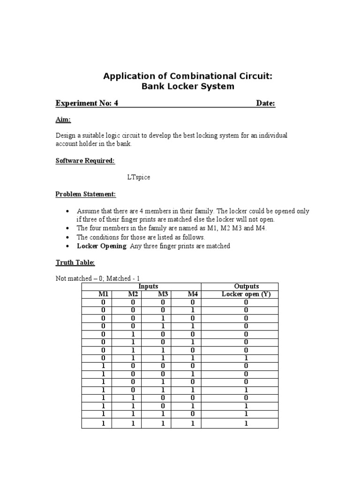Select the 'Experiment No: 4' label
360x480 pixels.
[x=87, y=103]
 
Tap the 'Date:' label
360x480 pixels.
[x=265, y=103]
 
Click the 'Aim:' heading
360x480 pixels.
[x=63, y=120]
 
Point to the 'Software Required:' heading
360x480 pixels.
[x=85, y=161]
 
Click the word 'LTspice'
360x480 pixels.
[x=139, y=178]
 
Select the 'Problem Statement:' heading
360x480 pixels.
[x=86, y=194]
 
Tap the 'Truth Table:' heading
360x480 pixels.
[x=75, y=262]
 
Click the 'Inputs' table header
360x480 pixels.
[x=148, y=286]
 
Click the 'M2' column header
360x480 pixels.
[x=133, y=294]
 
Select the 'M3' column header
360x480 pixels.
[x=163, y=294]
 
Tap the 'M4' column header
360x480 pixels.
[x=193, y=294]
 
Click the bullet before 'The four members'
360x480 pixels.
[x=68, y=228]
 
